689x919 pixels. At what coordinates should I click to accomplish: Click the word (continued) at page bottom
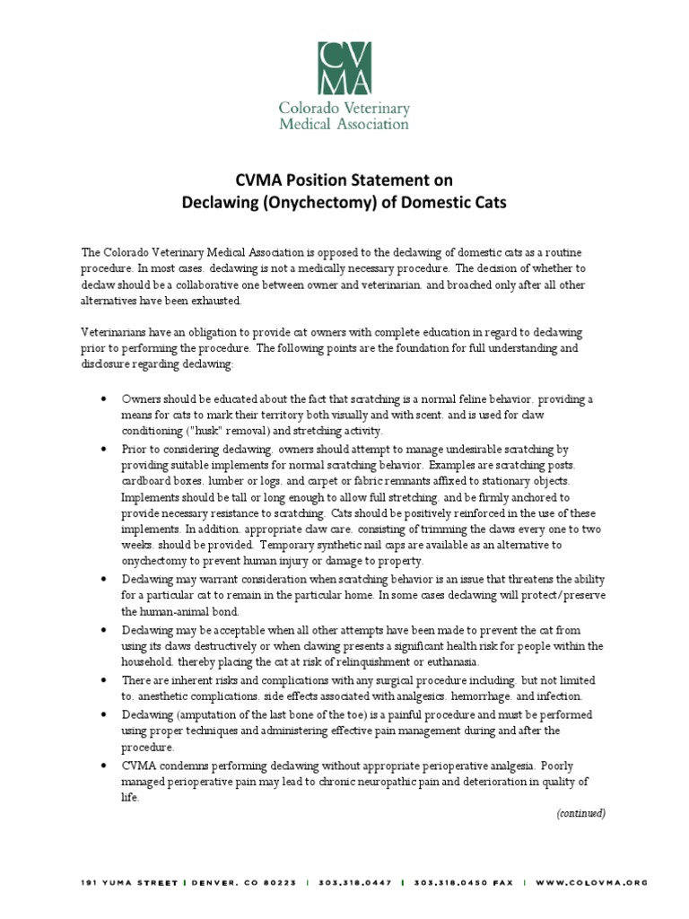(x=580, y=813)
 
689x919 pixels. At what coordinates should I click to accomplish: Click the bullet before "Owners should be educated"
(x=105, y=398)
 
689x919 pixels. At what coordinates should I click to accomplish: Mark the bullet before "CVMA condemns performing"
(x=105, y=764)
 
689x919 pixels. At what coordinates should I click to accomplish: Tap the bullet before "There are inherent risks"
(x=105, y=680)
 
